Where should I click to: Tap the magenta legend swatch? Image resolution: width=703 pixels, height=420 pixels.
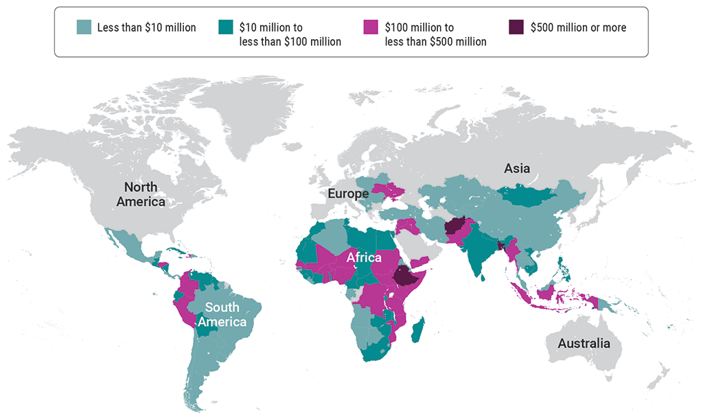tap(369, 28)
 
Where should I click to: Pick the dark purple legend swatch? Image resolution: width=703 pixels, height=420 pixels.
tap(516, 28)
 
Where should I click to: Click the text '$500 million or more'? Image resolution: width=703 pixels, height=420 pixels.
tap(578, 28)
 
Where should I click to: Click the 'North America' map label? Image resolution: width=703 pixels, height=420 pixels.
tap(141, 194)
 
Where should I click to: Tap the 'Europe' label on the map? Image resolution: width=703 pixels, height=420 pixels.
tap(348, 194)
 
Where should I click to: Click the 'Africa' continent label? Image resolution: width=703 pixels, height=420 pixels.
tap(364, 258)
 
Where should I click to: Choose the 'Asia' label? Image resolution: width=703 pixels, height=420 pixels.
tap(517, 169)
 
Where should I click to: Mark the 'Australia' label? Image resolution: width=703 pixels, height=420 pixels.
tap(584, 343)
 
